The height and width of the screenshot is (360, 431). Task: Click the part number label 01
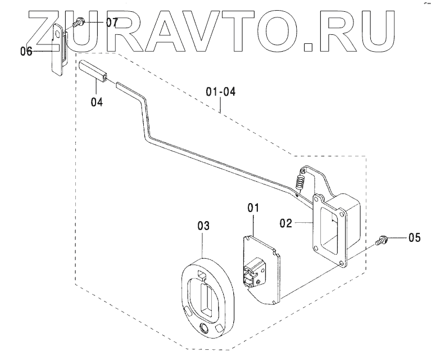point(253,208)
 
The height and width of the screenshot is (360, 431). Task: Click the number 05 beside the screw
point(414,237)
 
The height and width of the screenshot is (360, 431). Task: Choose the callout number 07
point(111,23)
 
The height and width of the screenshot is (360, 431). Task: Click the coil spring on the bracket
point(300,182)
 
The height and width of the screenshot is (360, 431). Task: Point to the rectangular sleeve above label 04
point(94,71)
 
